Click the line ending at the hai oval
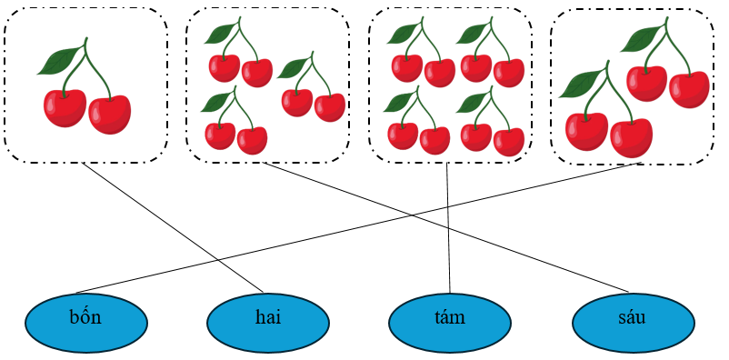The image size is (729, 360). click(173, 227)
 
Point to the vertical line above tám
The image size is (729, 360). click(449, 227)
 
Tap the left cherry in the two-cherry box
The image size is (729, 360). click(65, 107)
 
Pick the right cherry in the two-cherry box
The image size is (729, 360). click(109, 114)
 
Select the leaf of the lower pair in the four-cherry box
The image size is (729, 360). click(578, 85)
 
